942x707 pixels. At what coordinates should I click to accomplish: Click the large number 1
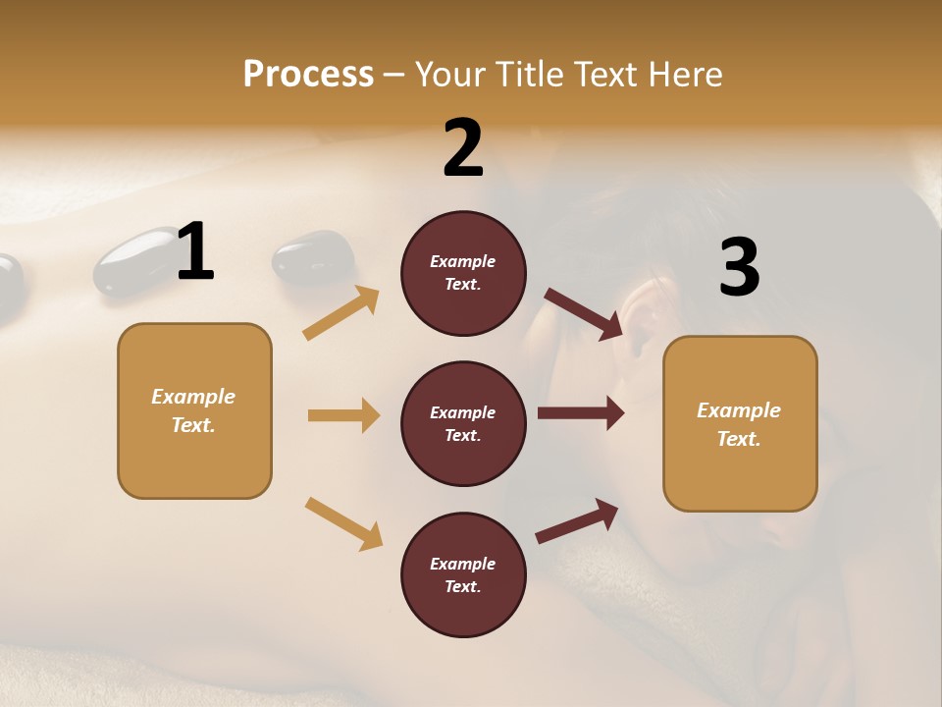coord(195,252)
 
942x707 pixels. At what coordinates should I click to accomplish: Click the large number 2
coord(463,148)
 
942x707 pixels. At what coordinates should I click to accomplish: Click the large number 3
coord(739,268)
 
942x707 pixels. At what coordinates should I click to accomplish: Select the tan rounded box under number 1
coord(194,410)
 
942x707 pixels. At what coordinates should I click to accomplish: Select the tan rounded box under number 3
coord(740,423)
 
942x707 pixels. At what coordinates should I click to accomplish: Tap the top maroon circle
coord(463,273)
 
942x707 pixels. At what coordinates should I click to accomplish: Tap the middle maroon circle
coord(463,423)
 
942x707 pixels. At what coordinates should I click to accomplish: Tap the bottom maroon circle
coord(463,574)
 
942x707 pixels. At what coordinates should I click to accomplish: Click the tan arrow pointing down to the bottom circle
coord(343,522)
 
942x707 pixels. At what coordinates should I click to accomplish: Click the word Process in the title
coord(308,74)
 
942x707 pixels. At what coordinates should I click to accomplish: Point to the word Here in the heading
coord(684,74)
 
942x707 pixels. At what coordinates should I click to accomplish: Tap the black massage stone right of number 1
coord(312,257)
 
